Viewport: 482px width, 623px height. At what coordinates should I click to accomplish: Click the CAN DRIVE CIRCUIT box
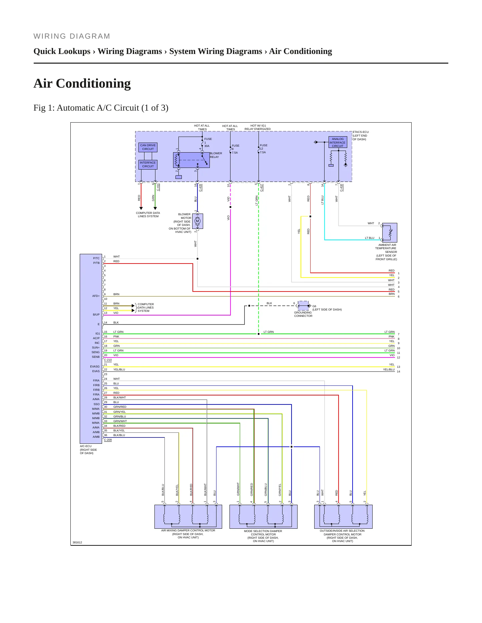148,147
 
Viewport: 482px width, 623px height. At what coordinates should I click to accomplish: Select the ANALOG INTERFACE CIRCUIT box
338,142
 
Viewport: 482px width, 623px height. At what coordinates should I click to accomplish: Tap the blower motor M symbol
197,221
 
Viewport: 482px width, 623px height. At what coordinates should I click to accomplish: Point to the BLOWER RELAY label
216,155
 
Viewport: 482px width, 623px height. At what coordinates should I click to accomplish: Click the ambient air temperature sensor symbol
390,233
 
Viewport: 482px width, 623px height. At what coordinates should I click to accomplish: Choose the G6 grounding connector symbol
303,306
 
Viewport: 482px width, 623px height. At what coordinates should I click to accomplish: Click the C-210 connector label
108,360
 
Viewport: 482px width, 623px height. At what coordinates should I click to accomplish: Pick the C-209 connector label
108,440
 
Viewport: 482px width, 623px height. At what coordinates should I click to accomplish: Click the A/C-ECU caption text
88,449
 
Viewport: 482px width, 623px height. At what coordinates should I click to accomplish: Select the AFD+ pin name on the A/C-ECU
96,296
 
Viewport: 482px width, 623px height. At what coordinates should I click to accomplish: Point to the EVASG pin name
95,366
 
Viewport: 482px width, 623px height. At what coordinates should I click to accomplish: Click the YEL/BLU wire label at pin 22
119,369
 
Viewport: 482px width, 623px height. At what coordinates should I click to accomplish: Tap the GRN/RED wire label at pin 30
120,407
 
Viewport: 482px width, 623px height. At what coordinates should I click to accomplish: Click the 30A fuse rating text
207,146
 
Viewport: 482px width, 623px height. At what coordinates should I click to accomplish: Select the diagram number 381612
77,542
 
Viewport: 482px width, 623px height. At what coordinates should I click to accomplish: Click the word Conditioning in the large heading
93,83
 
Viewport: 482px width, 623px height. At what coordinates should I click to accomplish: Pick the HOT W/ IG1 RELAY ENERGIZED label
258,127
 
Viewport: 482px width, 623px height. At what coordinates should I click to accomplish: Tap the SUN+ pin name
96,347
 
